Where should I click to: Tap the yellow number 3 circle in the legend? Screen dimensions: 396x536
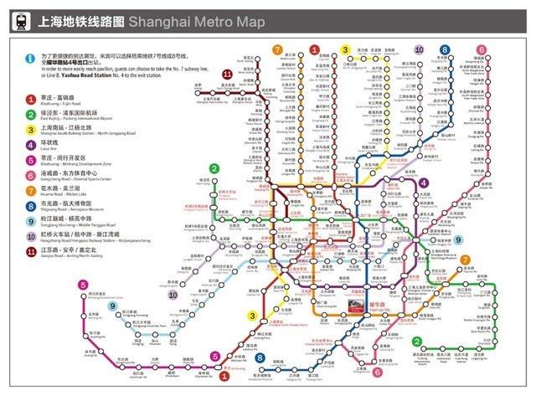(30, 131)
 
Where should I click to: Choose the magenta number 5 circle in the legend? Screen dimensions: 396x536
(30, 161)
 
